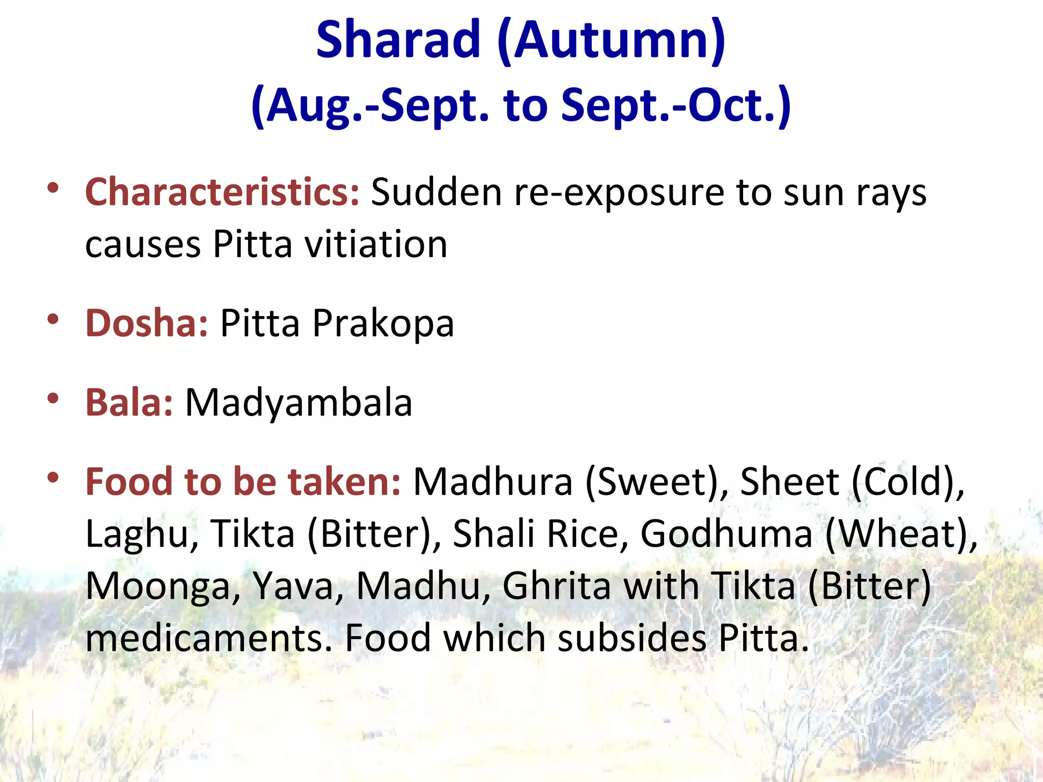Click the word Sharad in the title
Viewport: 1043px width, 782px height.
[x=398, y=40]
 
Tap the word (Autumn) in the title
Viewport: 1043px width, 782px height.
[x=611, y=41]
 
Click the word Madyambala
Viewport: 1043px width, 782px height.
[x=298, y=403]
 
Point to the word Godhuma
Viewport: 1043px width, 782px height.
[x=726, y=534]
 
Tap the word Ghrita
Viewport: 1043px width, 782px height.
[x=557, y=586]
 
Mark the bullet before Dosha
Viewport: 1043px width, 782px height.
[x=52, y=319]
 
